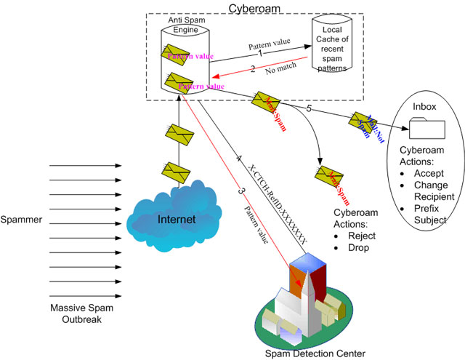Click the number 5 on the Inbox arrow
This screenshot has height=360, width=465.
[308, 108]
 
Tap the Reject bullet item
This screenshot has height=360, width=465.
[358, 236]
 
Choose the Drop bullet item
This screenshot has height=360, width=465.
[355, 247]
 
